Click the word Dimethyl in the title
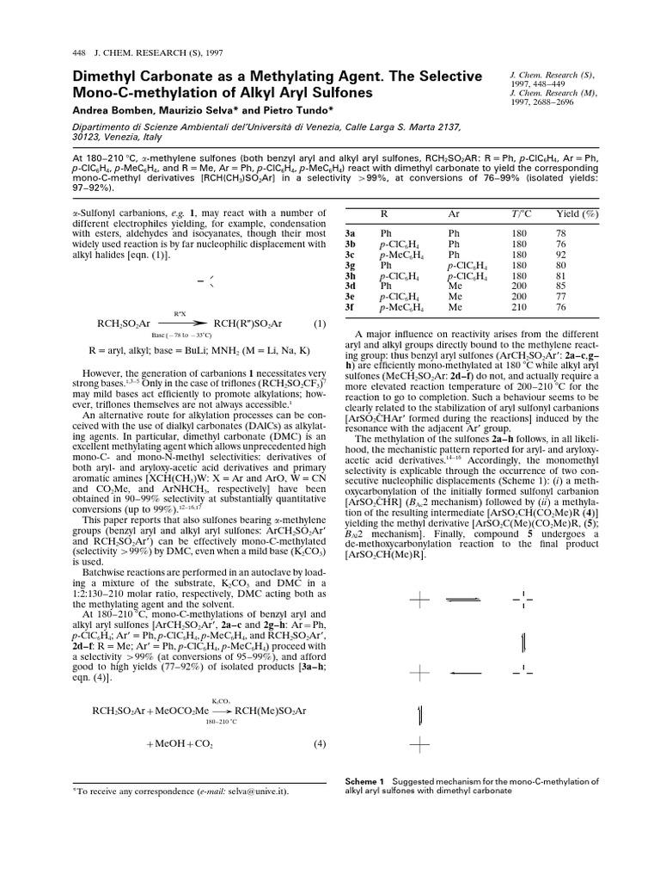tap(97, 77)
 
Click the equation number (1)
tap(319, 323)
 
